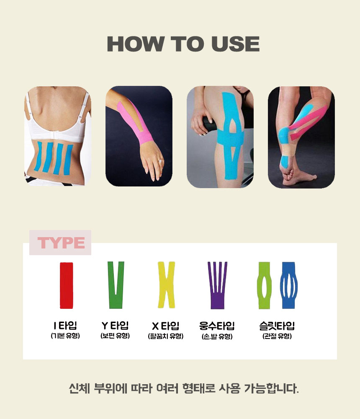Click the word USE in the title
(x=236, y=44)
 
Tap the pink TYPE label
(x=61, y=243)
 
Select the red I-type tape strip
(x=66, y=285)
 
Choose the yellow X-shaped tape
(x=166, y=285)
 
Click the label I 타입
(x=65, y=326)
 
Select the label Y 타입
(x=115, y=326)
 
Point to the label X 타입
(x=166, y=326)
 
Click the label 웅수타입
(x=217, y=326)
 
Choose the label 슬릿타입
(x=277, y=326)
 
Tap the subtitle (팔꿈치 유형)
(x=166, y=336)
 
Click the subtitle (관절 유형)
(x=277, y=336)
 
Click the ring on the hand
(x=160, y=161)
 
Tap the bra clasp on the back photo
(x=56, y=135)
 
